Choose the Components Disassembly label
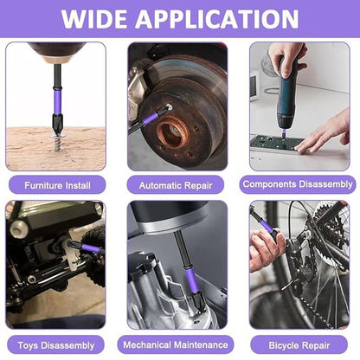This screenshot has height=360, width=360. pos(299,184)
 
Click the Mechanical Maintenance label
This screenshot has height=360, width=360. pos(177,344)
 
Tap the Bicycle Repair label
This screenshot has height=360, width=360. pos(299,344)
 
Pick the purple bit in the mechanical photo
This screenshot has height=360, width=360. pos(185,280)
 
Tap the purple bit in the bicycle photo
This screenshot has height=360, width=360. pos(267,227)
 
